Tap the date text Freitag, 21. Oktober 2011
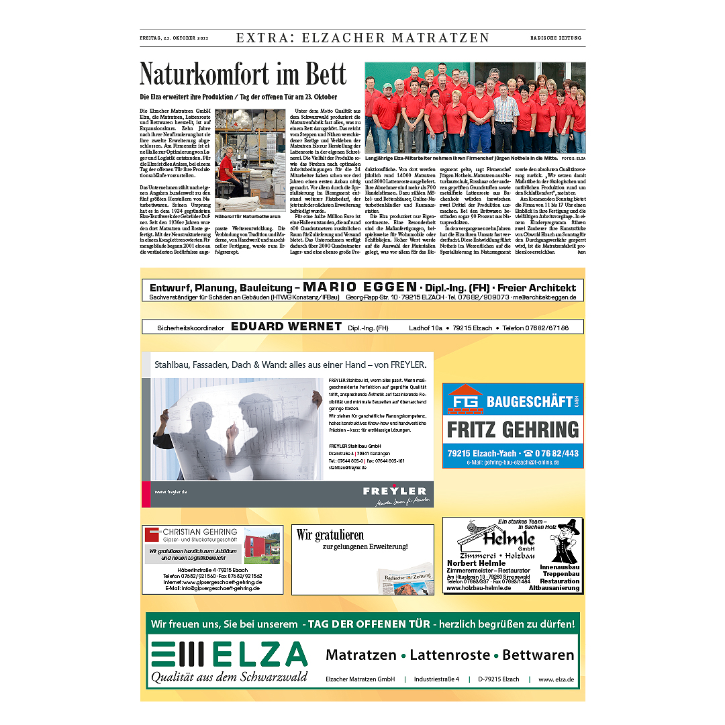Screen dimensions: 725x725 click(174, 38)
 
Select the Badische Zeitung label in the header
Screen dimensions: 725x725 click(557, 38)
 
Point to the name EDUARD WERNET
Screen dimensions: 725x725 click(286, 327)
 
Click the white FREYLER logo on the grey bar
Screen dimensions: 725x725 click(395, 491)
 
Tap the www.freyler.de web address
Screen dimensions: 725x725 click(171, 492)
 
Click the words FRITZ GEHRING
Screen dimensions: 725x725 click(513, 430)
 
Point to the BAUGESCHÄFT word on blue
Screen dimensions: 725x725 click(529, 402)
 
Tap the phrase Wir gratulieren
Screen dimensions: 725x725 click(330, 535)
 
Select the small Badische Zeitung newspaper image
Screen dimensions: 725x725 click(404, 578)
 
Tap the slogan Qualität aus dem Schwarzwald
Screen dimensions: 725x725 click(228, 676)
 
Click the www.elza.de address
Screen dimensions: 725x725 click(556, 679)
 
